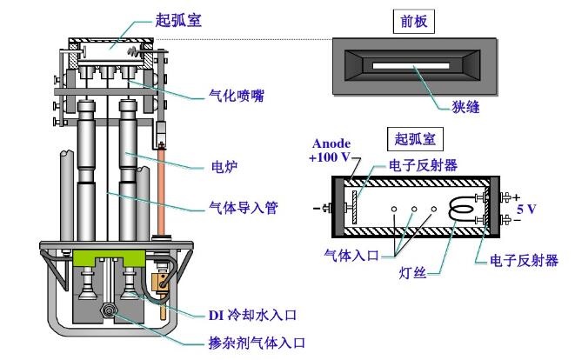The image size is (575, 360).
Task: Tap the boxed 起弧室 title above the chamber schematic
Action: (x=413, y=137)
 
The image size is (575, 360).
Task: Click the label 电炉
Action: (x=224, y=163)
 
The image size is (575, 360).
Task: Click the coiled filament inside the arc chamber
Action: (x=456, y=209)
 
